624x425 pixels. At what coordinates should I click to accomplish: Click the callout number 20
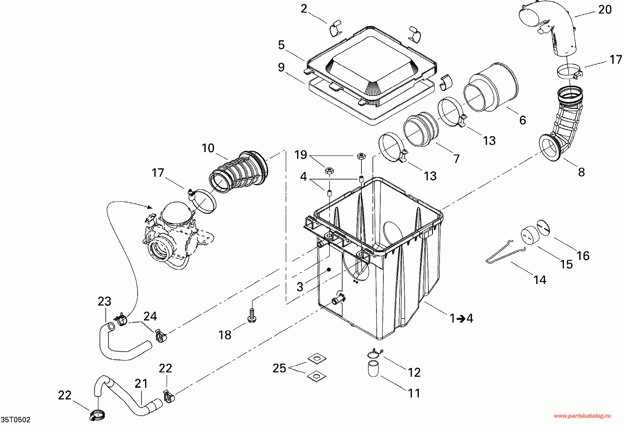pyautogui.click(x=605, y=10)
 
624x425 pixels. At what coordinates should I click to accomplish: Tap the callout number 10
pyautogui.click(x=208, y=148)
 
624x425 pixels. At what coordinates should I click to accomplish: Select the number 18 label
pyautogui.click(x=225, y=335)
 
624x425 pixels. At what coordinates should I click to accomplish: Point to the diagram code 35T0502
pyautogui.click(x=16, y=420)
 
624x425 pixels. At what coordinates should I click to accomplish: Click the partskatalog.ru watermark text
pyautogui.click(x=582, y=416)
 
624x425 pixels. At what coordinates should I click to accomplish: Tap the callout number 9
pyautogui.click(x=281, y=67)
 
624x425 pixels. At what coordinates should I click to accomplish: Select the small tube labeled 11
pyautogui.click(x=373, y=369)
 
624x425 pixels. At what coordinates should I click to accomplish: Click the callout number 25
pyautogui.click(x=279, y=368)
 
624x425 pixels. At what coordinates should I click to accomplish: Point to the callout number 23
pyautogui.click(x=105, y=301)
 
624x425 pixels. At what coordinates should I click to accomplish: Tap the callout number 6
pyautogui.click(x=522, y=120)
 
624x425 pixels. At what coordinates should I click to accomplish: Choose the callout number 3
pyautogui.click(x=300, y=287)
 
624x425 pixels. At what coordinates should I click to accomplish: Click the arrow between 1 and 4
pyautogui.click(x=461, y=319)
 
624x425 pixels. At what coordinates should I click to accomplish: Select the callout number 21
pyautogui.click(x=141, y=384)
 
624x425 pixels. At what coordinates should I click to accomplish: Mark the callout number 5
pyautogui.click(x=281, y=45)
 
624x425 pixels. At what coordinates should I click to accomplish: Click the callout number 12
pyautogui.click(x=414, y=373)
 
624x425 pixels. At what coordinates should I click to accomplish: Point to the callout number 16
pyautogui.click(x=583, y=256)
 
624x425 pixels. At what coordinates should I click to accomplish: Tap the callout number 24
pyautogui.click(x=150, y=316)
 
